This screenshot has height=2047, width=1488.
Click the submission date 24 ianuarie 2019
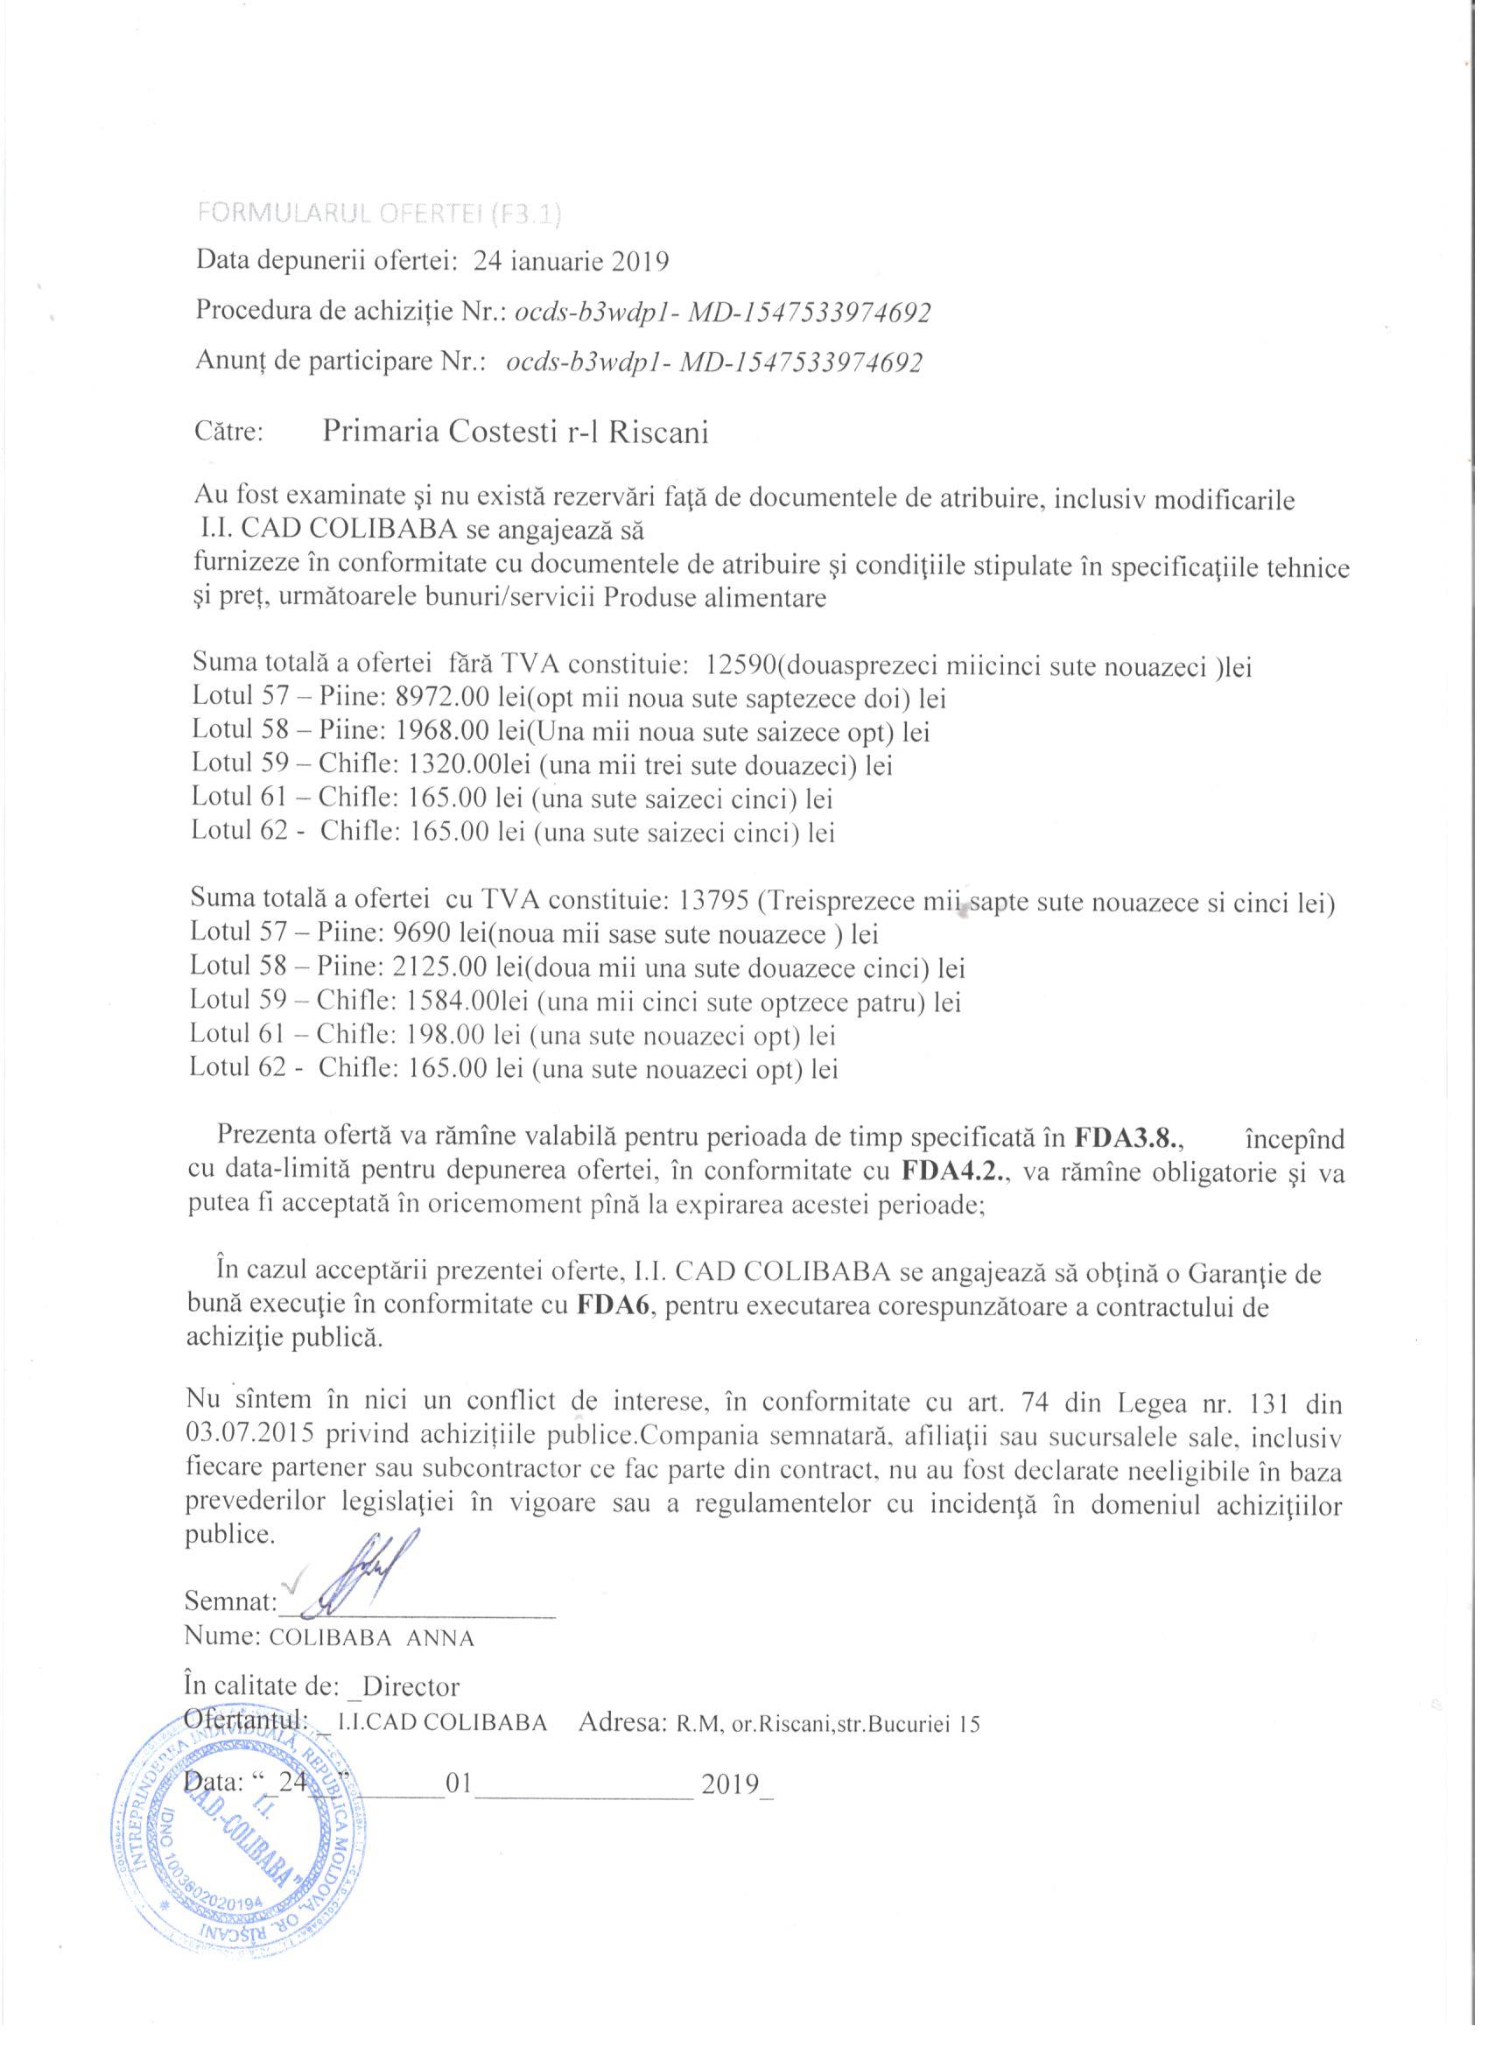[x=572, y=262]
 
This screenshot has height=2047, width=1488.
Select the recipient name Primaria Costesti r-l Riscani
[x=516, y=433]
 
